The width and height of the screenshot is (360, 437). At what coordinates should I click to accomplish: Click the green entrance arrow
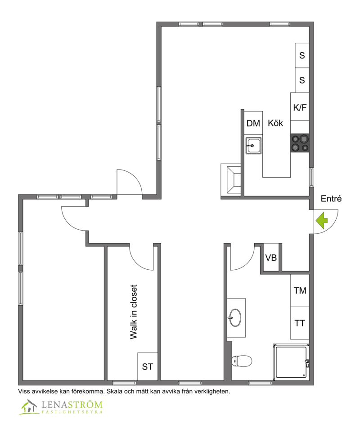(322, 221)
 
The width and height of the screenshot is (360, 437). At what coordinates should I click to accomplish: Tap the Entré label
(331, 199)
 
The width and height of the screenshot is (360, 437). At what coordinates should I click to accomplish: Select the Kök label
(275, 123)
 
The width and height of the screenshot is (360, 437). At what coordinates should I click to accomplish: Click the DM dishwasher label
(253, 123)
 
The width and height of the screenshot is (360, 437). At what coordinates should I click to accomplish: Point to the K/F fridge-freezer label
(300, 107)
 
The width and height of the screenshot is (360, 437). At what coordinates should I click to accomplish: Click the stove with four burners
(300, 143)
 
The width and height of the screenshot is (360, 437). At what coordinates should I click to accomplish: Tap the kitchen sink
(253, 146)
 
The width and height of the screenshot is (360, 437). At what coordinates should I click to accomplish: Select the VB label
(271, 258)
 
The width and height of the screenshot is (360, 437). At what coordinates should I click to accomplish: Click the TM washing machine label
(300, 291)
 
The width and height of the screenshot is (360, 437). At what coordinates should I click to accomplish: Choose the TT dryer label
(300, 323)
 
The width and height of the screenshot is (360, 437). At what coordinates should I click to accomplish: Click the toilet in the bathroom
(242, 361)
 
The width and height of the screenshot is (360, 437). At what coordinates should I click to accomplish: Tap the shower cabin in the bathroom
(291, 362)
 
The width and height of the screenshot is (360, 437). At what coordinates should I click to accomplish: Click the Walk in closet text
(134, 312)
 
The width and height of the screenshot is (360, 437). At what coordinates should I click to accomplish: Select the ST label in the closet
(148, 366)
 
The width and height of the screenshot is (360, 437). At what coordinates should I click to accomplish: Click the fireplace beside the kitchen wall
(231, 180)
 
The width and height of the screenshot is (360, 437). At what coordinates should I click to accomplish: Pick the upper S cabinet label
(302, 55)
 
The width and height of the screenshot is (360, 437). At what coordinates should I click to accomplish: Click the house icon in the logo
(29, 407)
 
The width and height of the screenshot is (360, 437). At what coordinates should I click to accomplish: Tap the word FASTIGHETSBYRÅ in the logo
(72, 412)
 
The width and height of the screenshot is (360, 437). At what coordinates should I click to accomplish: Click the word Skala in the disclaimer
(115, 391)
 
